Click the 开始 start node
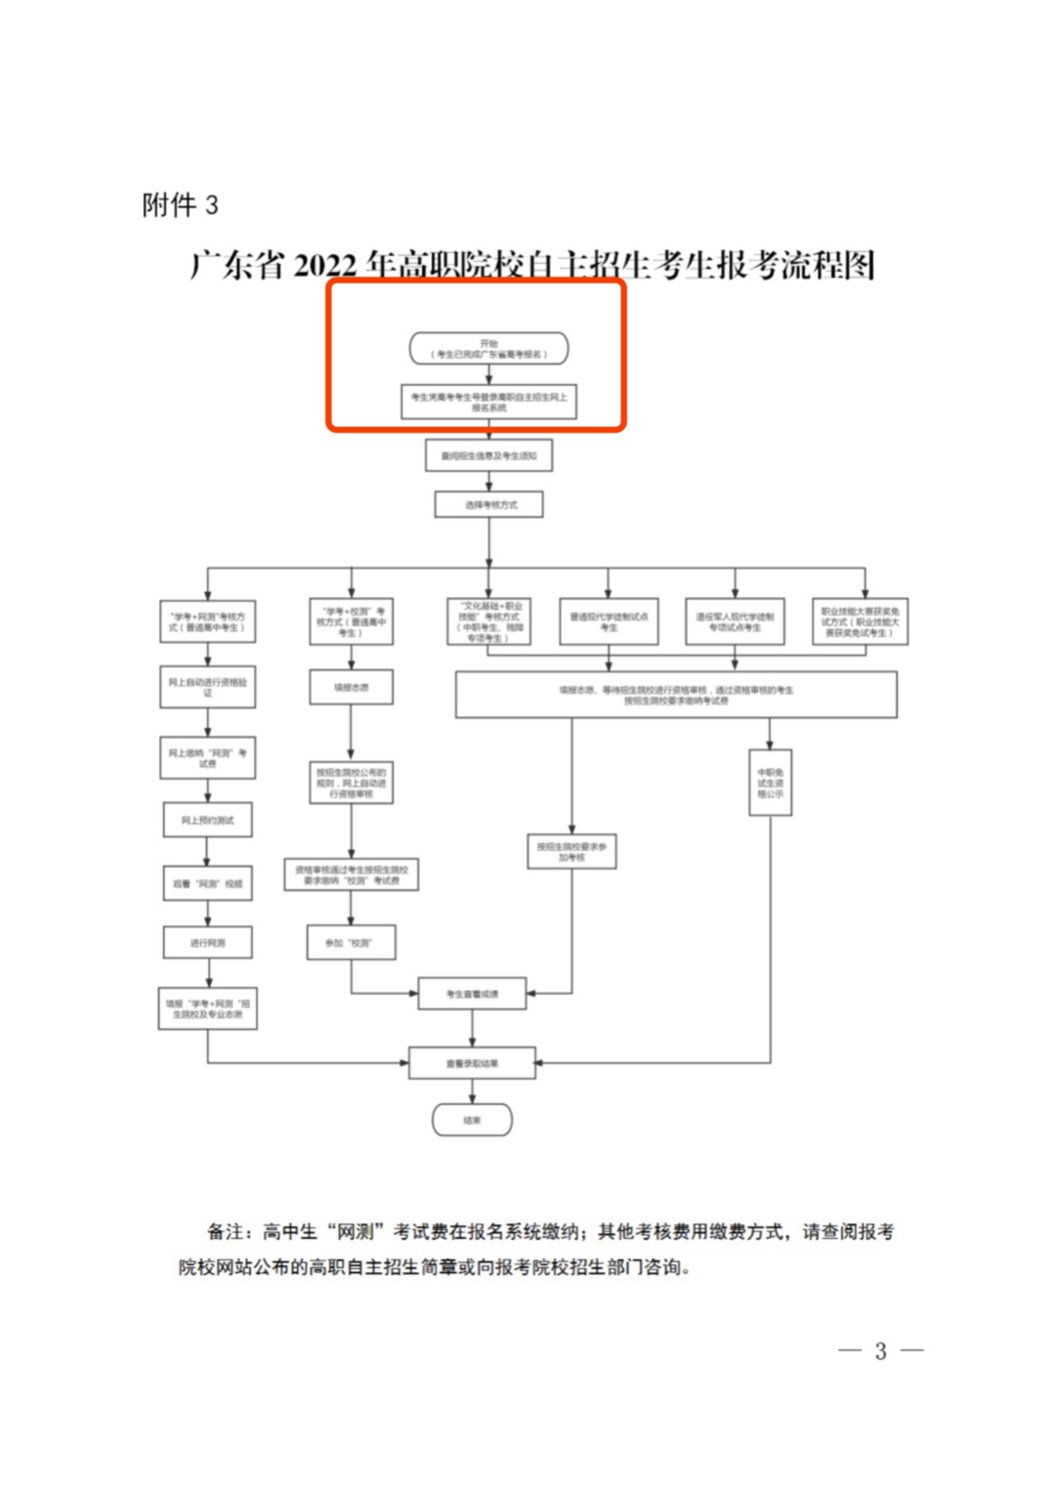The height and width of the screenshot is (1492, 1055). coord(488,349)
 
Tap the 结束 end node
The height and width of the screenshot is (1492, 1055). coord(472,1120)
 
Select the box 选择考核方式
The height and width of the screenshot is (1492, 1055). coord(488,504)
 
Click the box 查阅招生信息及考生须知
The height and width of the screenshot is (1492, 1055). coord(488,455)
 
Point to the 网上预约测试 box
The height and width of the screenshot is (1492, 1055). coord(207,820)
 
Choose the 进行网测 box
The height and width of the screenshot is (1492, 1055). coord(207,942)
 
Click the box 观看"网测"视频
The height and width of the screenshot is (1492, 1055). coord(207,883)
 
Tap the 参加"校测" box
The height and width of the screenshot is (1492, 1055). coord(352,942)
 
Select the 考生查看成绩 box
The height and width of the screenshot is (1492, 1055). coord(472,994)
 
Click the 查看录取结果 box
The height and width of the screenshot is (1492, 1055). coord(472,1063)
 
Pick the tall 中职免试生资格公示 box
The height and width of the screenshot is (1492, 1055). coord(770,783)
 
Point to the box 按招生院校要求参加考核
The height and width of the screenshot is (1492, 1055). coord(571,852)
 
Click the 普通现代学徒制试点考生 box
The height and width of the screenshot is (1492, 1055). coord(609,621)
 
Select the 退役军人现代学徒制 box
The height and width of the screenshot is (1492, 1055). coord(735,621)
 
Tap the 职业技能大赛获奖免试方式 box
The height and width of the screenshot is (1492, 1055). coord(860,621)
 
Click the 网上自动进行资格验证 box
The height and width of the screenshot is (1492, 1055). coord(207,687)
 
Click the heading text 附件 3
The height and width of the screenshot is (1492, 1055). coord(180,205)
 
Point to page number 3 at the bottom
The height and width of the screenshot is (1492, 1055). coord(880,1351)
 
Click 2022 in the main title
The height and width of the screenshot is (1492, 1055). coord(324,266)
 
